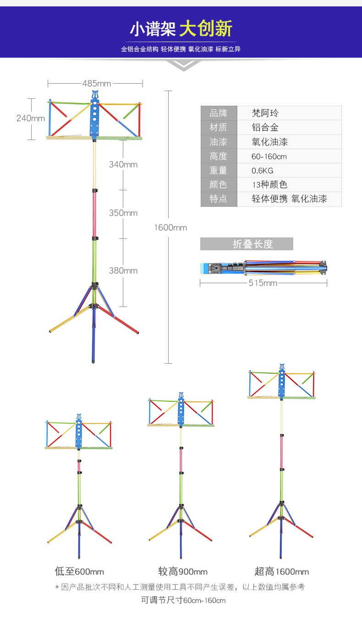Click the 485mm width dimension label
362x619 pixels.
click(97, 83)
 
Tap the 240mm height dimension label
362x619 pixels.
click(31, 118)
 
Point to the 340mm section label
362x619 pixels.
click(123, 164)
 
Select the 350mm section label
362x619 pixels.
click(123, 213)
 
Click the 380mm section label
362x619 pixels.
click(123, 270)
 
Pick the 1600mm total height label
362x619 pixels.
click(170, 227)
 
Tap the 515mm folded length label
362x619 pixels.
click(263, 283)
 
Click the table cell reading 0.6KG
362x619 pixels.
click(263, 171)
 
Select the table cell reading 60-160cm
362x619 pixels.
click(269, 156)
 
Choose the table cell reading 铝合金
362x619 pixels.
click(265, 128)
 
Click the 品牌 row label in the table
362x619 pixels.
click(219, 113)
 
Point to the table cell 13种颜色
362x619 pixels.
click(270, 185)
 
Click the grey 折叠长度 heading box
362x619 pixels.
click(247, 244)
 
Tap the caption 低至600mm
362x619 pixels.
click(79, 571)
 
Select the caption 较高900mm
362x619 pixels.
click(183, 571)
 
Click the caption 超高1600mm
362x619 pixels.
click(282, 571)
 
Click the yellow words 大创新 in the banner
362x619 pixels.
click(206, 29)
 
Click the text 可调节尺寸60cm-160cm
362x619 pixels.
click(183, 600)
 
